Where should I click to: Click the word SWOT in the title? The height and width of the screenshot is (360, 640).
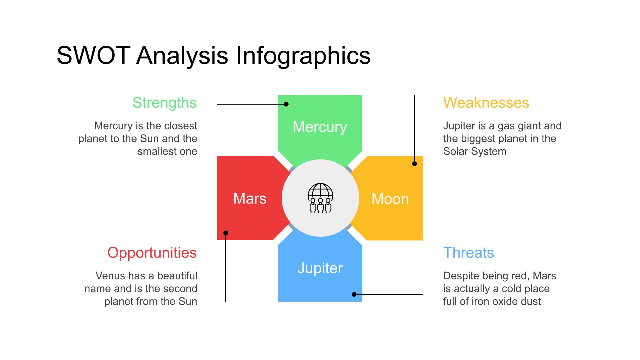click(94, 55)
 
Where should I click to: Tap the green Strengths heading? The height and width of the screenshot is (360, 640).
click(164, 103)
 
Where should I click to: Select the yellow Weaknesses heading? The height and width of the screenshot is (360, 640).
click(486, 103)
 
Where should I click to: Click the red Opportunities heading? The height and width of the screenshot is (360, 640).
click(152, 253)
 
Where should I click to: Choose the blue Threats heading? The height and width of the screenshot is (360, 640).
click(468, 253)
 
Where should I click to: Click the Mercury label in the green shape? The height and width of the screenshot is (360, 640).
click(320, 127)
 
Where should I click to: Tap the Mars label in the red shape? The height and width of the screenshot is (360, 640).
click(250, 198)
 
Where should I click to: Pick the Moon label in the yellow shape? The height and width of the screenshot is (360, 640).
click(390, 199)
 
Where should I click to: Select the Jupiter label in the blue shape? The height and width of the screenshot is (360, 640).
click(320, 268)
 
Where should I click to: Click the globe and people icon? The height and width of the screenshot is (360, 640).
click(320, 198)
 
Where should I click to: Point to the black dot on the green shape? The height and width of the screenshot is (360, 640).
click(286, 104)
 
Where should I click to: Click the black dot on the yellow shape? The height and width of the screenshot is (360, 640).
click(415, 164)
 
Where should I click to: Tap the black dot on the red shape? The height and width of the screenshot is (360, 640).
click(226, 233)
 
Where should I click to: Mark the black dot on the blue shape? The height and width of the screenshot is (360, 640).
click(354, 294)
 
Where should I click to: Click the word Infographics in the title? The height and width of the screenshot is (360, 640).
click(303, 55)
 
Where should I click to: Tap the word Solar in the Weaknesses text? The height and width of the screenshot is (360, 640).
click(455, 151)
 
